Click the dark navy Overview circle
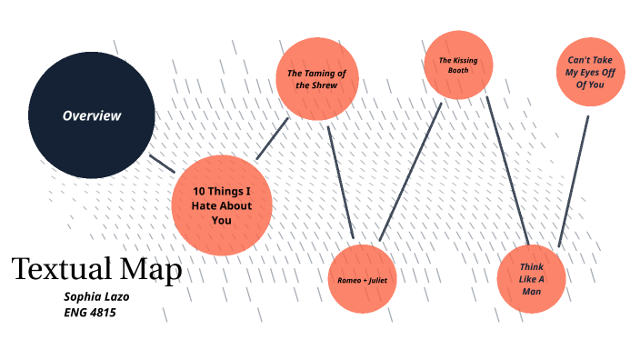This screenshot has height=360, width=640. coord(91,115)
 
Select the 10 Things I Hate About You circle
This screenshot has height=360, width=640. coord(221,205)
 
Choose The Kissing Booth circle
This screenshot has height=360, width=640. coord(457,65)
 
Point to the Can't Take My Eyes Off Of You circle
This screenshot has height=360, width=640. coord(592,72)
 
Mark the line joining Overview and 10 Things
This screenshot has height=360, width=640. coord(162,163)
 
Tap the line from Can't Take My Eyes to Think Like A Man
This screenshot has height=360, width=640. coord(573,182)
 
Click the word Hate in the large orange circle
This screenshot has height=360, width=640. coord(205,206)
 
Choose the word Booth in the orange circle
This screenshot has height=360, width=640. coord(457,70)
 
